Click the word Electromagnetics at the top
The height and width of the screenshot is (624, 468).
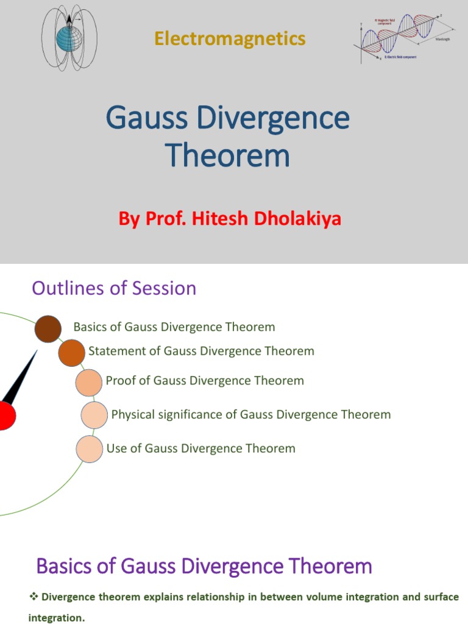(x=230, y=39)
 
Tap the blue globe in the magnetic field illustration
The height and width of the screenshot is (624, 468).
(x=66, y=39)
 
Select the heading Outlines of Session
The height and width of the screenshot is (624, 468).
(x=114, y=288)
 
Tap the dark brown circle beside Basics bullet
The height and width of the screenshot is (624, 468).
(x=48, y=330)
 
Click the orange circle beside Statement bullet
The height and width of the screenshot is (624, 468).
(x=71, y=353)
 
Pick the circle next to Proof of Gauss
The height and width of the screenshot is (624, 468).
(x=88, y=383)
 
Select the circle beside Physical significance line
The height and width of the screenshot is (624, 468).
(x=94, y=415)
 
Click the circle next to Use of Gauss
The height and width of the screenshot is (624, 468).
(x=89, y=448)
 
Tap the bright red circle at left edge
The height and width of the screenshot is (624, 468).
(x=5, y=416)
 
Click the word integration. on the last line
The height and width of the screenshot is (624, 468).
(x=57, y=618)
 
